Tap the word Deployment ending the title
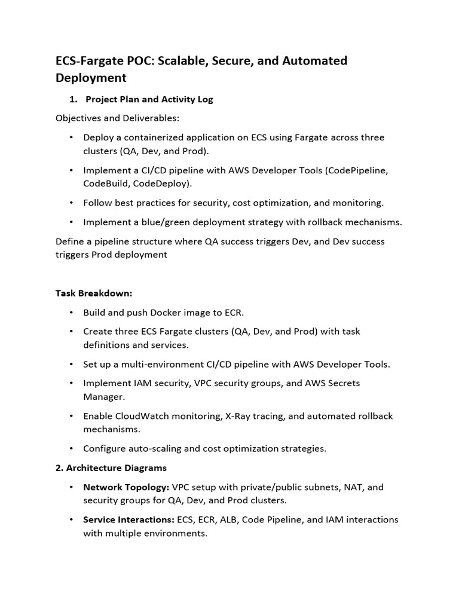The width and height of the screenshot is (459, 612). [91, 78]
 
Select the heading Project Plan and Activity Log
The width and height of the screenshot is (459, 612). [149, 99]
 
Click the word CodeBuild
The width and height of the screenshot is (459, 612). [107, 183]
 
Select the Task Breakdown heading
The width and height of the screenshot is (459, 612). [94, 293]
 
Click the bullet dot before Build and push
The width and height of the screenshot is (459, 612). [72, 313]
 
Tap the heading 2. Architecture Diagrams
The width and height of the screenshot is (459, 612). [111, 467]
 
